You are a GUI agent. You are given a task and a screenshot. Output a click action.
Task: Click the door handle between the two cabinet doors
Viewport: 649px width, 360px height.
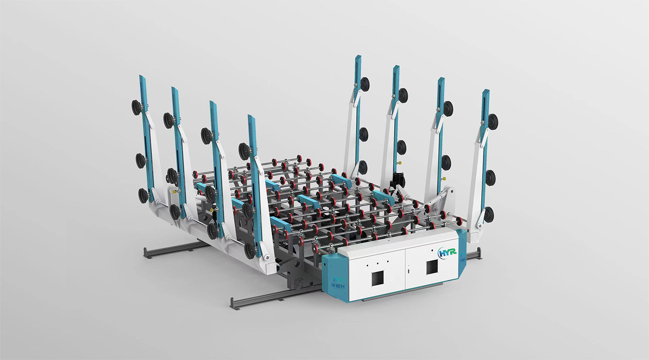point(408,270)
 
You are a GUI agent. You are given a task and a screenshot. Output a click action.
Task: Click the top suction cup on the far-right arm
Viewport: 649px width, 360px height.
point(493,120)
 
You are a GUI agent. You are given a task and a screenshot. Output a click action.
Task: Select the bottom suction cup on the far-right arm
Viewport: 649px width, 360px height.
point(488,214)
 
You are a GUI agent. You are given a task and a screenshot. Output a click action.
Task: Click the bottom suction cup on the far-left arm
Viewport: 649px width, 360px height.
point(143,196)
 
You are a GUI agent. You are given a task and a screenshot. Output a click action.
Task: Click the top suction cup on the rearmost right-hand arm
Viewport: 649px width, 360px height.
point(364,84)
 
